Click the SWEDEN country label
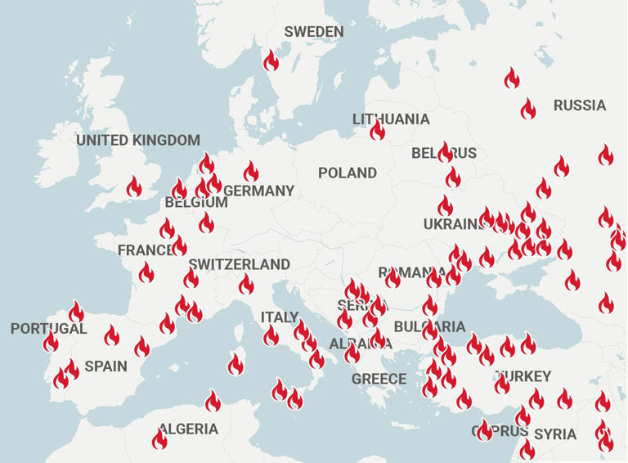(314, 32)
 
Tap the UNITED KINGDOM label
(138, 141)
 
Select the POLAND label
(348, 173)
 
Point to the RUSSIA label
(580, 106)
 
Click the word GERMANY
(259, 191)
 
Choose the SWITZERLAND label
(240, 264)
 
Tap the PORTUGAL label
(48, 329)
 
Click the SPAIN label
(106, 366)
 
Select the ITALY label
(280, 317)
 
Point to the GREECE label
(379, 379)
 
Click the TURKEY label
(523, 377)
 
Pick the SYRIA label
(556, 434)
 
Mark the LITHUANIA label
(391, 119)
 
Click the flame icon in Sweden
(271, 61)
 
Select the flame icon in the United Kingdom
(134, 187)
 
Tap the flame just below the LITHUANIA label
(377, 131)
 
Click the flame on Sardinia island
(235, 365)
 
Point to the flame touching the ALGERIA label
(160, 439)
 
